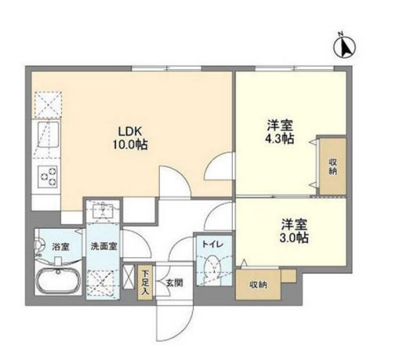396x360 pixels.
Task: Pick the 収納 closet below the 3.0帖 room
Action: pyautogui.click(x=259, y=285)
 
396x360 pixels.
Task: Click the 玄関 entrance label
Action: pyautogui.click(x=173, y=282)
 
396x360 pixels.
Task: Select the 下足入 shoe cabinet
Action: pyautogui.click(x=145, y=282)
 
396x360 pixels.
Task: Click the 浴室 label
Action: pyautogui.click(x=60, y=246)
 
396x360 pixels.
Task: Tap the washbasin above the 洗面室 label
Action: pyautogui.click(x=102, y=210)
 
